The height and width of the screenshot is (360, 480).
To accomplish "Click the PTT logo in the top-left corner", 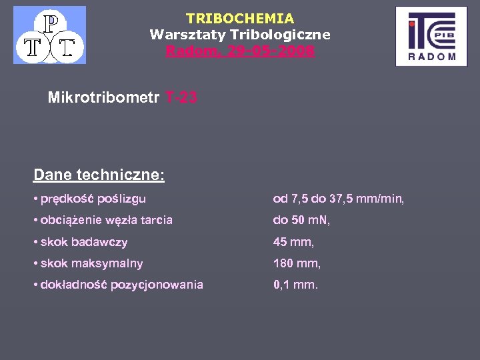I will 50,35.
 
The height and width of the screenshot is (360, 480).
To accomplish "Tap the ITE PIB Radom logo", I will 431,36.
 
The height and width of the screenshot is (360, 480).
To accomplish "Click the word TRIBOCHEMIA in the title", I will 240,19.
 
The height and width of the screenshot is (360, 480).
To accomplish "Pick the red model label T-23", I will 179,98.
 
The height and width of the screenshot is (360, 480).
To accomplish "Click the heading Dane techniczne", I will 99,175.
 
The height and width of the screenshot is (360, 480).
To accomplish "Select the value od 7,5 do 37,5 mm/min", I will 339,199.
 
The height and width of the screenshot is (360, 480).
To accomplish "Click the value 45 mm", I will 293,242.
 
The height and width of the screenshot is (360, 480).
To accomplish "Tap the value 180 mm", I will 297,263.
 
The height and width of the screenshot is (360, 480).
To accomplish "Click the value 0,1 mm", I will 296,285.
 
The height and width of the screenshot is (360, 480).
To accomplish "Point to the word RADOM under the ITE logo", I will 431,57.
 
